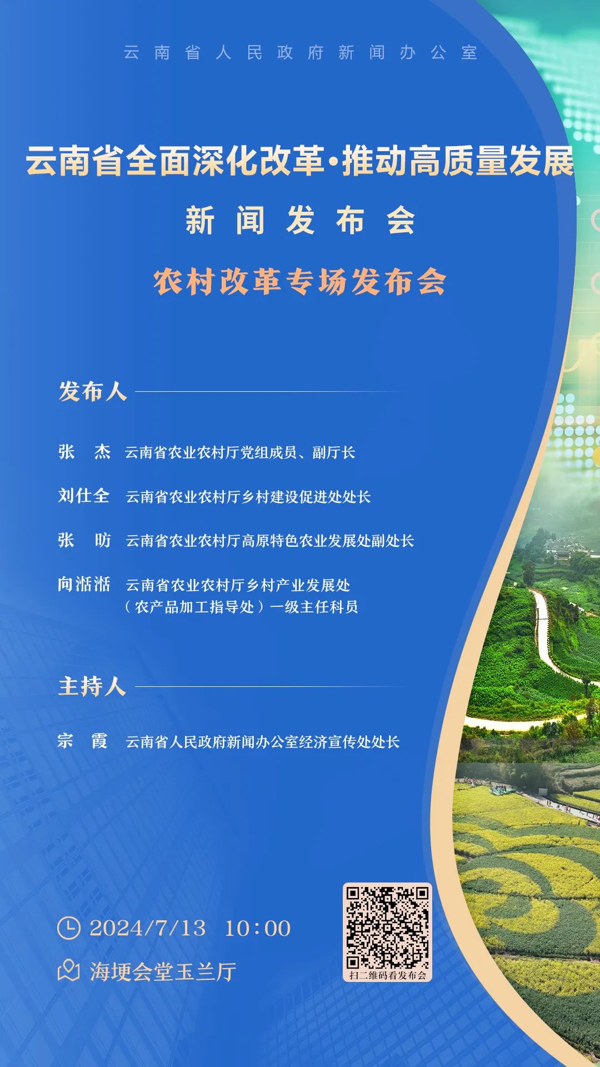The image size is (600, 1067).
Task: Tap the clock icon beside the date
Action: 69,928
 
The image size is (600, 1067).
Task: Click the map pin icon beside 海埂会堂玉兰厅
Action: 69,971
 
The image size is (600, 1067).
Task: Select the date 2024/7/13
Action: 147,928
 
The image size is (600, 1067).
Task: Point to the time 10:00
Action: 257,928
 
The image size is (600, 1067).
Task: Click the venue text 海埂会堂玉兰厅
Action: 163,971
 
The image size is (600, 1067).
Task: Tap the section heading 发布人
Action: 93,391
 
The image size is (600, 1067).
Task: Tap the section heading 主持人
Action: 92,686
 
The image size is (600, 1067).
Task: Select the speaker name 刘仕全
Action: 84,495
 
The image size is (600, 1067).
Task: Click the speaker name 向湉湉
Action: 84,584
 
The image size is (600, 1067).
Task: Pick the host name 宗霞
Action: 83,740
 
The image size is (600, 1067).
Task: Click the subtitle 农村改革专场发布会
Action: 300,282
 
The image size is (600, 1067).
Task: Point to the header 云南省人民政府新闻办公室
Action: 300,52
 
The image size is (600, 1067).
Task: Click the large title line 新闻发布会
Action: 300,220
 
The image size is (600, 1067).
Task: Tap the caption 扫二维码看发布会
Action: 387,975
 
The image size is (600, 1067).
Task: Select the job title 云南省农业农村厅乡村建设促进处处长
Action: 248,496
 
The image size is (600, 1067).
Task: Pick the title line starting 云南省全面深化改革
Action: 300,161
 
